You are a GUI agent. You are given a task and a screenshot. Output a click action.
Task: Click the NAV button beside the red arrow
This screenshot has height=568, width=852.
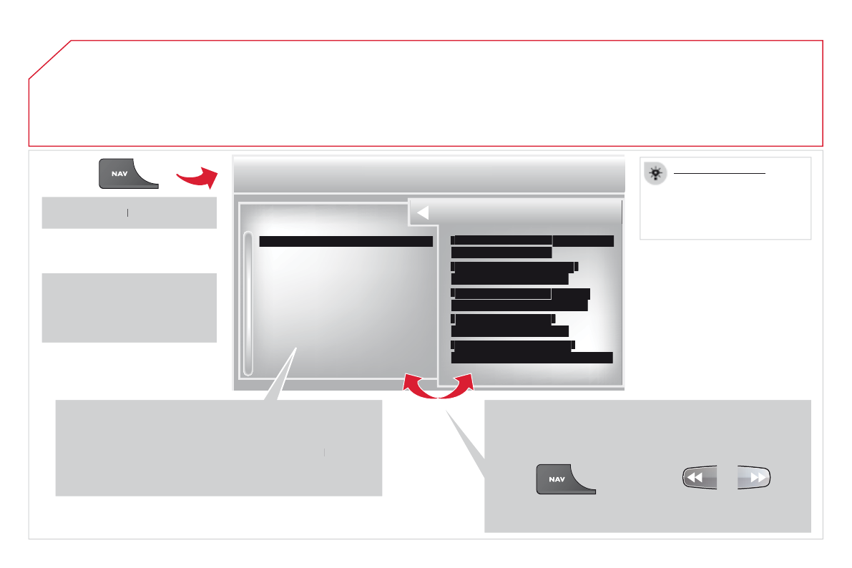(128, 174)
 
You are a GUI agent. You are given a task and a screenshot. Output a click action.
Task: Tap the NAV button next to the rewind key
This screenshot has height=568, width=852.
(566, 479)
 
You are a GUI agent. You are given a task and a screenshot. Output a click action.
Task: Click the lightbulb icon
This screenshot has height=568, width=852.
(655, 172)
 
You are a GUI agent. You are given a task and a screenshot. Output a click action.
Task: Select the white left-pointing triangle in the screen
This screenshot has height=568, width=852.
(422, 212)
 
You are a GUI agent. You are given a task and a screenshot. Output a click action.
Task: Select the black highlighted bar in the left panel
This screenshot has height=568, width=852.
(346, 242)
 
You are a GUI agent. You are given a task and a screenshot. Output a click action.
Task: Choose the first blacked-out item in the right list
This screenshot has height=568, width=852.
(532, 245)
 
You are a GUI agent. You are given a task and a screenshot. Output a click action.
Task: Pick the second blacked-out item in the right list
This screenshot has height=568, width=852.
(514, 273)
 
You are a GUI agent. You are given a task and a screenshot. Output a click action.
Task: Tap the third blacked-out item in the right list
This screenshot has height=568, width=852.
(520, 300)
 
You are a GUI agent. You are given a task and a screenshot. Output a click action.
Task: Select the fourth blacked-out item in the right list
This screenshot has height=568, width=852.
(509, 325)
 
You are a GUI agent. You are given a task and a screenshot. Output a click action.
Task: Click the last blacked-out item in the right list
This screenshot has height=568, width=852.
(532, 352)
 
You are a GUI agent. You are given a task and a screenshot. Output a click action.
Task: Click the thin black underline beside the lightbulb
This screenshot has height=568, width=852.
(720, 173)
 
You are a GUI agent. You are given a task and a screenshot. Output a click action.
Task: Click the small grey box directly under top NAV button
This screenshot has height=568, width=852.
(129, 212)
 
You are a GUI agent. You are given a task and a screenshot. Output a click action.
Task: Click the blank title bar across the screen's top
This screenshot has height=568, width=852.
(429, 174)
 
